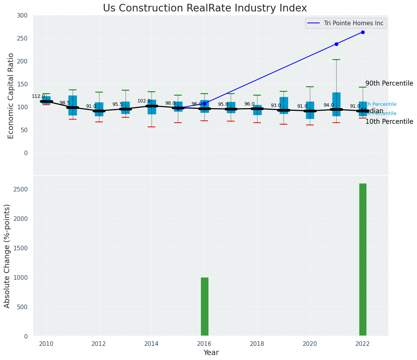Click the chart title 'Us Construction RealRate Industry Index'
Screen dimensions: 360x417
205,8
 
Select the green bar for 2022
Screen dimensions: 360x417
363,260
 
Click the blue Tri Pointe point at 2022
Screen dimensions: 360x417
363,32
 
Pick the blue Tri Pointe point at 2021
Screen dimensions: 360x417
336,44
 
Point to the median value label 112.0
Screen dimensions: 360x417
38,96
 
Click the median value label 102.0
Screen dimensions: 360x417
144,101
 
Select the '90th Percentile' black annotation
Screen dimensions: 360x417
389,83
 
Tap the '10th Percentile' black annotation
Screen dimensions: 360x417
389,122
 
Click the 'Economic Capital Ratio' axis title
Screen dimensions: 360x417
11,96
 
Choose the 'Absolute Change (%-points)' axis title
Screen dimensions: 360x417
7,256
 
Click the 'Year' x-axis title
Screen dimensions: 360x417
211,353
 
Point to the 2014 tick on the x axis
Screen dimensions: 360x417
151,344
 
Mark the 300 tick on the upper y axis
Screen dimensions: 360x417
22,15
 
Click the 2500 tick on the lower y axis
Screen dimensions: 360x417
20,190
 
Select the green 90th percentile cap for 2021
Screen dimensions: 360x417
336,60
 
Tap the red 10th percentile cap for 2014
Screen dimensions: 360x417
151,127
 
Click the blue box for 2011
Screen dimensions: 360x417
73,105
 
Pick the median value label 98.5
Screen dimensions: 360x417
65,103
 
